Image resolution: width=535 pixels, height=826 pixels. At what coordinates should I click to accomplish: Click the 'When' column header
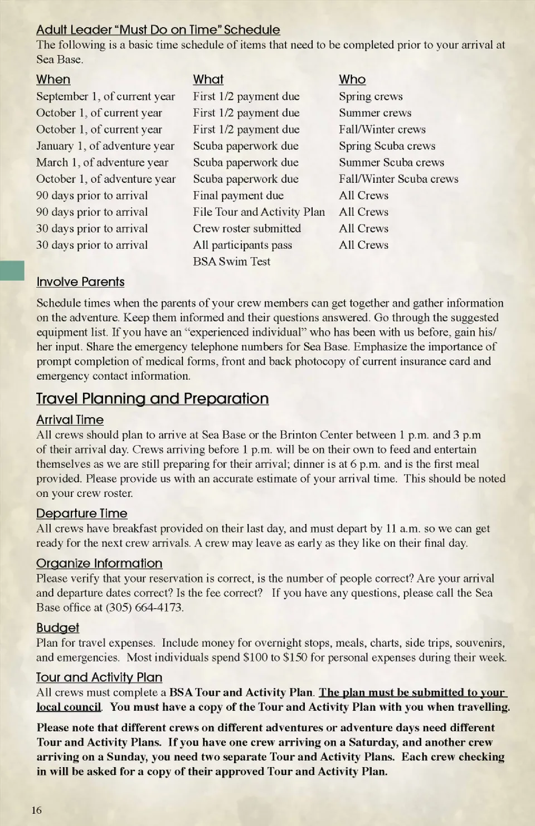[x=53, y=80]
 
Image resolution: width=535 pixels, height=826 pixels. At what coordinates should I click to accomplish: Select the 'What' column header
[x=208, y=80]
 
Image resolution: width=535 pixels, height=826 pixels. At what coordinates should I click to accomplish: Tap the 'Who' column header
[x=352, y=80]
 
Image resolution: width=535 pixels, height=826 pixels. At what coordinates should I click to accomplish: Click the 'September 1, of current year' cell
[x=105, y=96]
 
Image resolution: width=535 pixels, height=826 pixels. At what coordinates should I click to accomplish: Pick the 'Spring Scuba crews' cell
[x=387, y=146]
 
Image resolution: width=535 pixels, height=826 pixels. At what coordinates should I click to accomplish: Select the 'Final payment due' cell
[x=238, y=195]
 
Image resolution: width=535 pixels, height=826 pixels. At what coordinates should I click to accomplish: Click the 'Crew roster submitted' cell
[x=247, y=228]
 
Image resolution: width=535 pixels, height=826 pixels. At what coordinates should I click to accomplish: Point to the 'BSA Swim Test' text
[x=231, y=261]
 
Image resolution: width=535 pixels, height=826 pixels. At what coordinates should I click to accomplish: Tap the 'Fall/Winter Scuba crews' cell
[x=398, y=179]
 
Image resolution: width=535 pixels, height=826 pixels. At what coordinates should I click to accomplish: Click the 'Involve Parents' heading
[x=80, y=282]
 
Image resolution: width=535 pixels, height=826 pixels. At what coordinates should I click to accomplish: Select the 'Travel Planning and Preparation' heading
[x=152, y=399]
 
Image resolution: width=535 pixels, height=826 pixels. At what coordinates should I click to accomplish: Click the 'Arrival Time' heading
[x=70, y=420]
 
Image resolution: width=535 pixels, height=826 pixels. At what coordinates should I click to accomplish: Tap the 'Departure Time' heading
[x=81, y=514]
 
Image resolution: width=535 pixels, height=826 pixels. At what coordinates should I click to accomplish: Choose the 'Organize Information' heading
[x=99, y=564]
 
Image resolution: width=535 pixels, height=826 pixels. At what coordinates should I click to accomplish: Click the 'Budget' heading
[x=57, y=628]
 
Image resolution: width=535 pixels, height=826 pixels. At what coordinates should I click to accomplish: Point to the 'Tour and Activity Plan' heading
[x=99, y=677]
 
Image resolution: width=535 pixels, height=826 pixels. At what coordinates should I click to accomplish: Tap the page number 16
[x=36, y=810]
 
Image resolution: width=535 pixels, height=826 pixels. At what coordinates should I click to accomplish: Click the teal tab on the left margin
[x=12, y=270]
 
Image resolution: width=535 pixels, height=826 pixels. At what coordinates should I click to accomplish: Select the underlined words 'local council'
[x=69, y=707]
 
